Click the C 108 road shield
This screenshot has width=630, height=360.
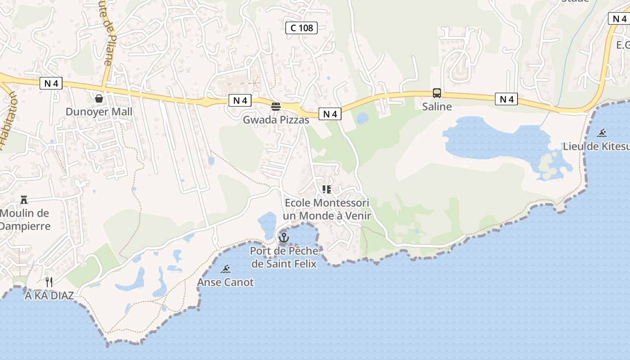(x=301, y=28)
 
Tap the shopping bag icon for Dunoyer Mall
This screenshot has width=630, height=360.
(x=99, y=98)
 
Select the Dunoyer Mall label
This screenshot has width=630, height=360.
(x=99, y=112)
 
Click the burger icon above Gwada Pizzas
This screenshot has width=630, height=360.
(x=276, y=107)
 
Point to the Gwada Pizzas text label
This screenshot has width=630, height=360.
(x=276, y=120)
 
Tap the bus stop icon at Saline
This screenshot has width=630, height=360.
(x=436, y=93)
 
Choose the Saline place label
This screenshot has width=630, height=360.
(x=436, y=107)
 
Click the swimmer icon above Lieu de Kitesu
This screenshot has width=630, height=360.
(x=602, y=133)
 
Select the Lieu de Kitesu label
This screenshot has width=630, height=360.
(x=596, y=146)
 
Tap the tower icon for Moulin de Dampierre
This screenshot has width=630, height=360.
(x=24, y=200)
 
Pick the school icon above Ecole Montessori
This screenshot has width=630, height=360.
(x=326, y=189)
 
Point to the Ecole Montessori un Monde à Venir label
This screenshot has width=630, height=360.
(x=328, y=209)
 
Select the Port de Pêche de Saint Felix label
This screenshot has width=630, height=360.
(x=284, y=257)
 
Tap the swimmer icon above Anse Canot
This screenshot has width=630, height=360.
(x=225, y=269)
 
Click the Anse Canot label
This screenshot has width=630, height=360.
(x=225, y=283)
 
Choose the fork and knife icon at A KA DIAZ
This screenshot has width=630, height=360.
(x=49, y=282)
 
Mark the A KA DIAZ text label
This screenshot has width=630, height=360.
(x=49, y=296)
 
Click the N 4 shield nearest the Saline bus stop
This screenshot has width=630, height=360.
(x=506, y=99)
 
